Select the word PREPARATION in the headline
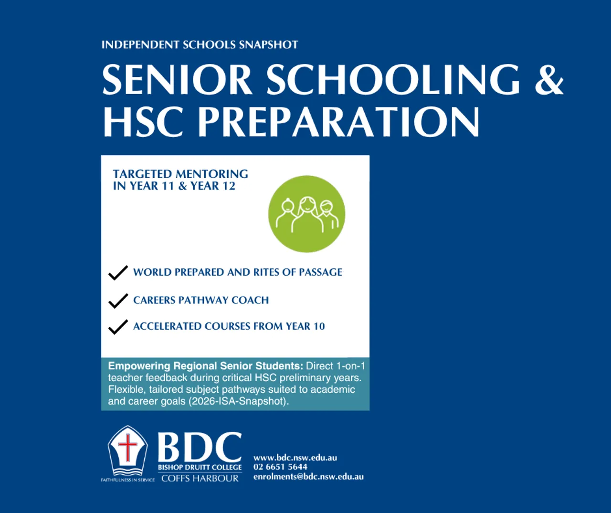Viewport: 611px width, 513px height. (338, 122)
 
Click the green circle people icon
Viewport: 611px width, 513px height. (306, 214)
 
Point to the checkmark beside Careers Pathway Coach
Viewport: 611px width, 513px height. (118, 301)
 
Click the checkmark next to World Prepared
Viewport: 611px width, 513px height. (118, 273)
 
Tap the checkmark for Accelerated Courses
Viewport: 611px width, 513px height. (118, 327)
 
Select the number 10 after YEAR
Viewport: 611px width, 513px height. (319, 326)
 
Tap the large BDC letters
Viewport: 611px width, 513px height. (200, 447)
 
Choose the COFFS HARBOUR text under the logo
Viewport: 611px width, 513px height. (200, 479)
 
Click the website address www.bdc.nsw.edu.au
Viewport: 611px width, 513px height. (295, 458)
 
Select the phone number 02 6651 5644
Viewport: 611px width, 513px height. (280, 467)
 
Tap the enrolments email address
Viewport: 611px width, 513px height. (308, 476)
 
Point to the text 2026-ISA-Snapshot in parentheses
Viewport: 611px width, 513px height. (237, 401)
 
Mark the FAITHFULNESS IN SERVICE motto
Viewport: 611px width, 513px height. (128, 480)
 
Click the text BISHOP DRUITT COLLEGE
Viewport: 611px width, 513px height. (200, 467)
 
